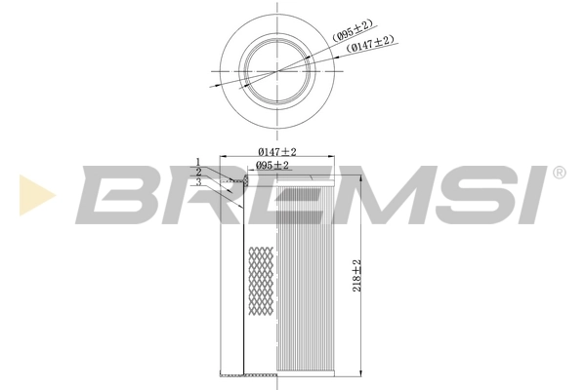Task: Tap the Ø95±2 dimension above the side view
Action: click(x=272, y=166)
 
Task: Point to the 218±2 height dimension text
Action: click(x=357, y=275)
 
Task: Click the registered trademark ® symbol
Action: click(x=559, y=173)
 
